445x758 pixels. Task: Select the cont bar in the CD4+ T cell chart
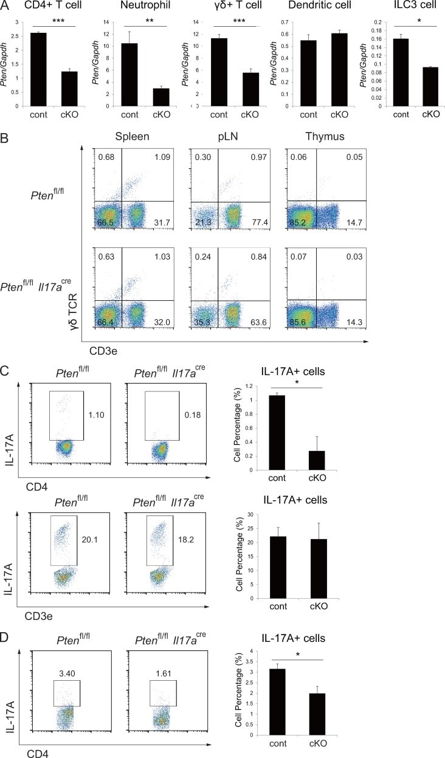(38, 69)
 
